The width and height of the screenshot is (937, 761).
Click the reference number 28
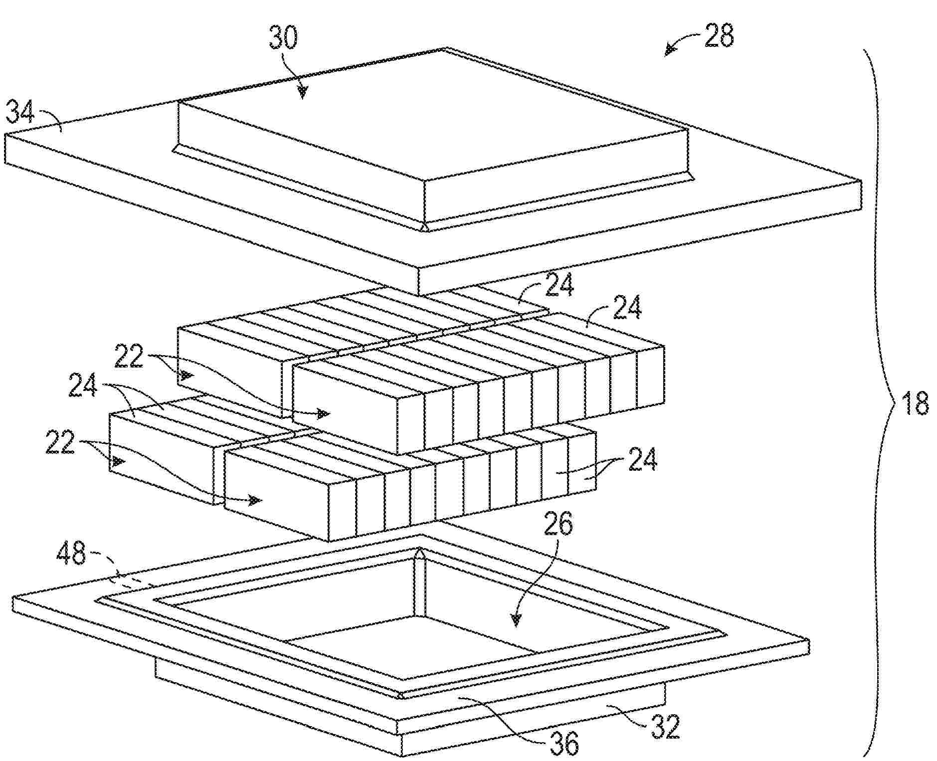coord(719,36)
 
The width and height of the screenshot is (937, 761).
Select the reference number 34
coord(20,112)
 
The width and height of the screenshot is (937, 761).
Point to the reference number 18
coord(915,402)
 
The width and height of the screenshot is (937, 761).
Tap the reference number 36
coord(564,743)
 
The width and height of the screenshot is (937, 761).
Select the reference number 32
coord(665,727)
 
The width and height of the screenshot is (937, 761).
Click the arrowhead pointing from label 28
coord(669,51)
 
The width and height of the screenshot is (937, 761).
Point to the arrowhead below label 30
coord(302,91)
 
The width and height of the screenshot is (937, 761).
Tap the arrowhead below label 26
coord(516,619)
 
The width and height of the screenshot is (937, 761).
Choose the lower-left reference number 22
coord(60,442)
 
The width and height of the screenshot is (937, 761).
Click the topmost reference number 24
coord(560,284)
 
